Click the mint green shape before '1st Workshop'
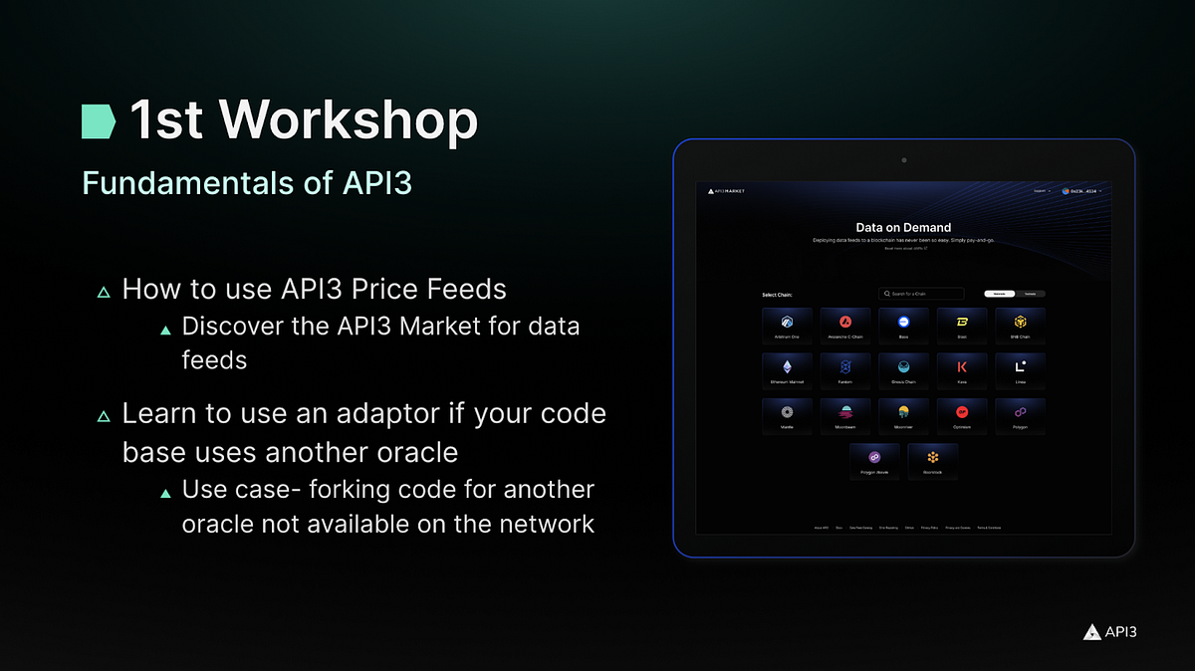(x=99, y=119)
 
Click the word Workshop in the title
(x=349, y=120)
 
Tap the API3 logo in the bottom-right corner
(x=1109, y=631)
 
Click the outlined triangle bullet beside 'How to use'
(x=103, y=293)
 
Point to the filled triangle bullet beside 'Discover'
(x=165, y=330)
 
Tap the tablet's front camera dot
(x=903, y=159)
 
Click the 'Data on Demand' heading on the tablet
(x=903, y=228)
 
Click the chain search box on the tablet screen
(x=921, y=294)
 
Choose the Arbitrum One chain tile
(x=787, y=326)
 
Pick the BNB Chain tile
(x=1020, y=326)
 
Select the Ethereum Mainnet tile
(x=787, y=370)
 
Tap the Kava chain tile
(x=961, y=370)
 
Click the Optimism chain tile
(x=961, y=416)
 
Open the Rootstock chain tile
(x=933, y=461)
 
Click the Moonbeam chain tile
(x=844, y=416)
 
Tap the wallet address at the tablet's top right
(x=1081, y=190)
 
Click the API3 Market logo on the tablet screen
(x=725, y=190)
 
